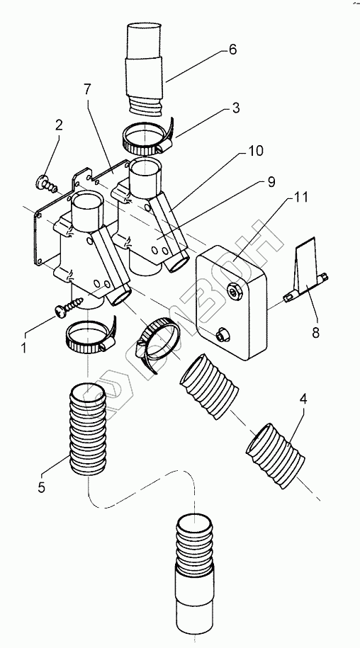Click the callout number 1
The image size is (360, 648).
[24, 348]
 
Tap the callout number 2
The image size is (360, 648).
[59, 125]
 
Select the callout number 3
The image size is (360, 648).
[235, 108]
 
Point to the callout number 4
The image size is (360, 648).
[303, 399]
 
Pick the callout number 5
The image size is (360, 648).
[41, 487]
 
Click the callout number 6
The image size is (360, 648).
[232, 50]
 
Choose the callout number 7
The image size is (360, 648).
[89, 89]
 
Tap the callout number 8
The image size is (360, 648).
[316, 333]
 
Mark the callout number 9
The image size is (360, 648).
[271, 182]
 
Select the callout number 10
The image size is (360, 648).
[255, 151]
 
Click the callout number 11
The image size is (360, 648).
[300, 197]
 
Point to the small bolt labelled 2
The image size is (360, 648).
[47, 184]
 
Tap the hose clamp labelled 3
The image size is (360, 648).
[148, 137]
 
